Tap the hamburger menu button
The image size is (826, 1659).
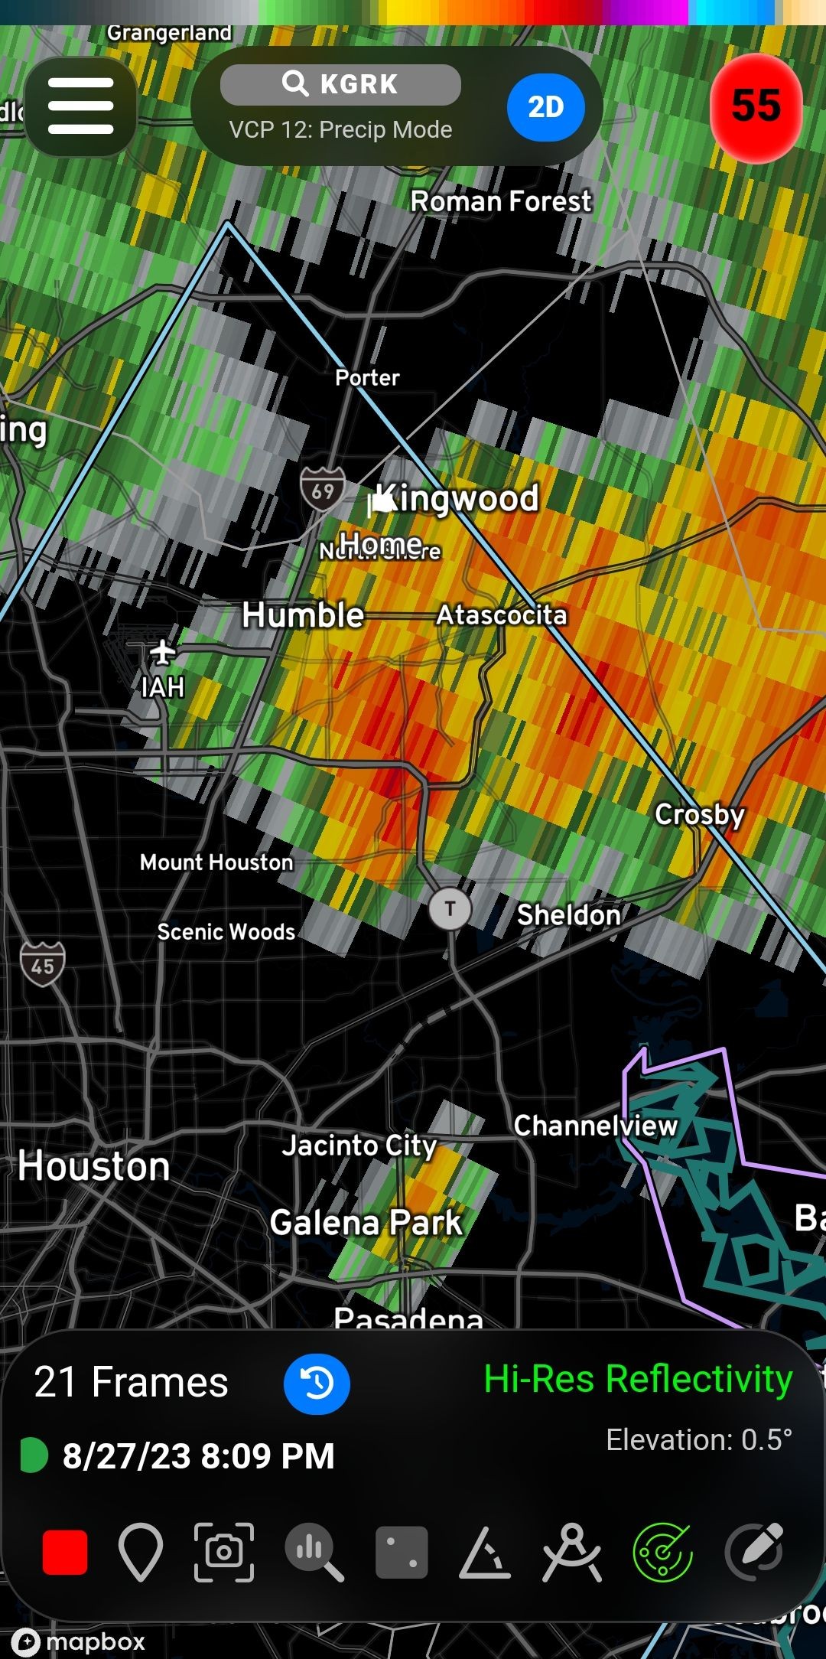[x=81, y=106]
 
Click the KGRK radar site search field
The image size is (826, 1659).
[x=340, y=84]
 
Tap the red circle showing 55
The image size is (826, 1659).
[x=756, y=106]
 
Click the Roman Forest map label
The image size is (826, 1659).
[x=501, y=201]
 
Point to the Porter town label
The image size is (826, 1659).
[x=367, y=377]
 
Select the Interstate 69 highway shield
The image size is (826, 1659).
[x=322, y=490]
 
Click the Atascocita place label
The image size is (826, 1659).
[x=502, y=615]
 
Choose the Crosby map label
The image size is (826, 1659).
[x=699, y=815]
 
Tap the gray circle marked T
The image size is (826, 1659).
[x=450, y=909]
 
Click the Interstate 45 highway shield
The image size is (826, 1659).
[x=42, y=964]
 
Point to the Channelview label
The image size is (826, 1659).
[x=595, y=1126]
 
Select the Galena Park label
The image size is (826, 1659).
[x=366, y=1223]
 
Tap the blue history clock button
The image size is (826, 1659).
[x=317, y=1384]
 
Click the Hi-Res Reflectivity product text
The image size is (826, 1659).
[x=638, y=1379]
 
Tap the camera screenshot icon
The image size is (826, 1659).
[x=224, y=1552]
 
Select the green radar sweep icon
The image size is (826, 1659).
[x=662, y=1552]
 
